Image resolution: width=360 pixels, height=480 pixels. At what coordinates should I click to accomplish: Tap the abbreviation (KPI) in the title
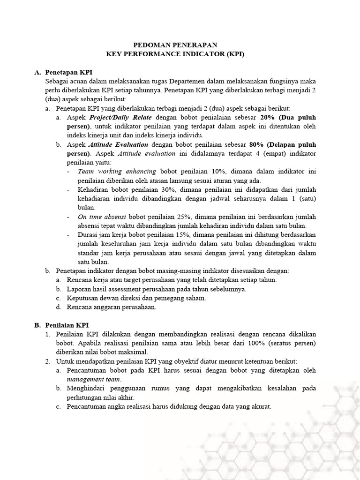tap(235, 54)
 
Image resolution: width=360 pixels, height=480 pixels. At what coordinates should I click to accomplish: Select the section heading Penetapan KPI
tap(69, 72)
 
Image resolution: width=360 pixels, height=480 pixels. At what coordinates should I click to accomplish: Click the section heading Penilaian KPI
tap(67, 325)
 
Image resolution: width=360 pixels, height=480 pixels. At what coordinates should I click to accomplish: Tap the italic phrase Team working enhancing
tap(117, 172)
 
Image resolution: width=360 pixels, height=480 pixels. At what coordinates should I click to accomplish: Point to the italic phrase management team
tap(94, 379)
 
